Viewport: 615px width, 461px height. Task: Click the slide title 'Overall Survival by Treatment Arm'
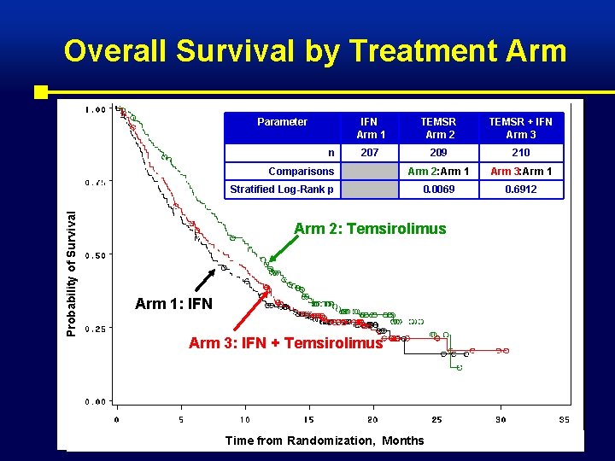[x=314, y=51]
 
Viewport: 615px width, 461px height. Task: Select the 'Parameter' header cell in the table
[x=282, y=122]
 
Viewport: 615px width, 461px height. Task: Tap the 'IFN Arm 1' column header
[x=370, y=128]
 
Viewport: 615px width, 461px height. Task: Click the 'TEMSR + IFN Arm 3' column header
[x=520, y=128]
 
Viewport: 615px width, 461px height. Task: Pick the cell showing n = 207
[x=370, y=153]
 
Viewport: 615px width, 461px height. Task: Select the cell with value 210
[x=520, y=153]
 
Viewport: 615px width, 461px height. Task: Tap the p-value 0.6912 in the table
[x=520, y=190]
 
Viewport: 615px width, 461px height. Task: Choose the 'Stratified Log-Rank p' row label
[x=282, y=190]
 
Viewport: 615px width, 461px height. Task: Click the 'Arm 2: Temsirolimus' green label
[x=370, y=228]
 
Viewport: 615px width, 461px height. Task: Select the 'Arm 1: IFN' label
[x=173, y=304]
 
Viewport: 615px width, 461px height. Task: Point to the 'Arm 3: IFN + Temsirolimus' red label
[x=285, y=343]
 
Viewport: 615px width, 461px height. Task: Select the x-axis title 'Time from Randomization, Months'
[x=324, y=441]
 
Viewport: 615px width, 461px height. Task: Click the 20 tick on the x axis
[x=372, y=419]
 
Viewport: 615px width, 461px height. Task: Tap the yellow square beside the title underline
[x=41, y=91]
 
